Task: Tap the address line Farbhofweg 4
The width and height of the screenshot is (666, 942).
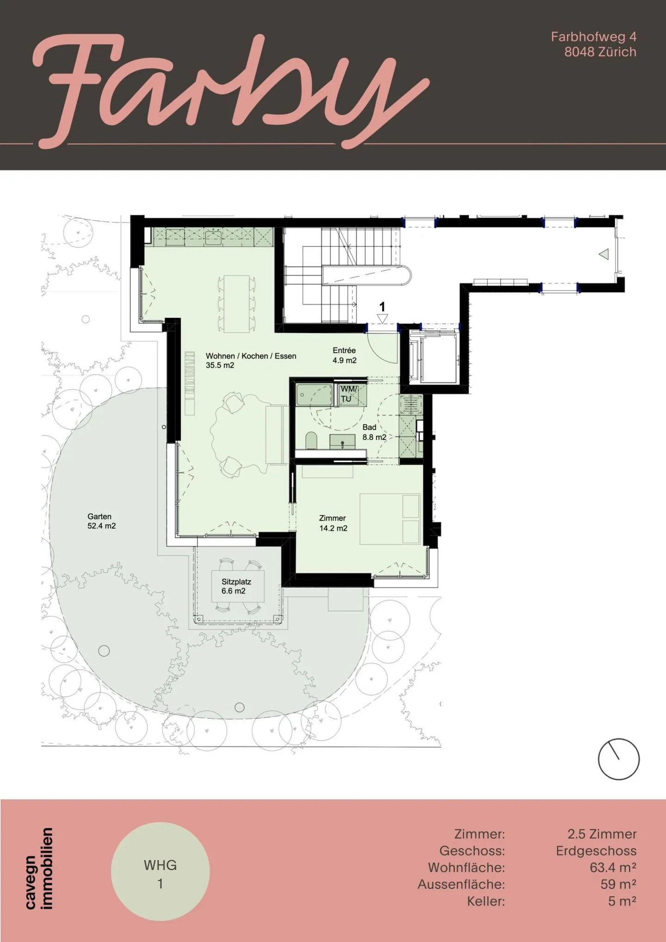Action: (593, 37)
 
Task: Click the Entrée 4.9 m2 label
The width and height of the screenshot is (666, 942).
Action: (345, 356)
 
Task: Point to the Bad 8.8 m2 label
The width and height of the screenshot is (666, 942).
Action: (374, 432)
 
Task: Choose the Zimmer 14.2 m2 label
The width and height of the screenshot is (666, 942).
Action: (333, 523)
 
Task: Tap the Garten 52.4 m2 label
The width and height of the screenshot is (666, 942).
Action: (101, 521)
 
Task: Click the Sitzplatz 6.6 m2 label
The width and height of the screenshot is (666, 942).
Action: (236, 586)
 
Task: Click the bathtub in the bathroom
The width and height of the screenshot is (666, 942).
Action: (314, 395)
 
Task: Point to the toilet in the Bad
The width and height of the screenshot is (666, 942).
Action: (311, 441)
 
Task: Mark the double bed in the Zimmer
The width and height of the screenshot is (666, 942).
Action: (390, 518)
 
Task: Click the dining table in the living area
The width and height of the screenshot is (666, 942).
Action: (236, 304)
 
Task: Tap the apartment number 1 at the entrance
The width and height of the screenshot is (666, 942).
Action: (382, 307)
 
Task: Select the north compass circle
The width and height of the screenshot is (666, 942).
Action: (618, 759)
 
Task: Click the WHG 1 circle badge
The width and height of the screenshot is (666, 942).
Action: (160, 871)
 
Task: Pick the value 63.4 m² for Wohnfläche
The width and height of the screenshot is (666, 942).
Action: (613, 868)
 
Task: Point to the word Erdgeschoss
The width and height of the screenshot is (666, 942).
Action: (596, 851)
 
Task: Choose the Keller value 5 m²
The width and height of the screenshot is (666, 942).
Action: (622, 901)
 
